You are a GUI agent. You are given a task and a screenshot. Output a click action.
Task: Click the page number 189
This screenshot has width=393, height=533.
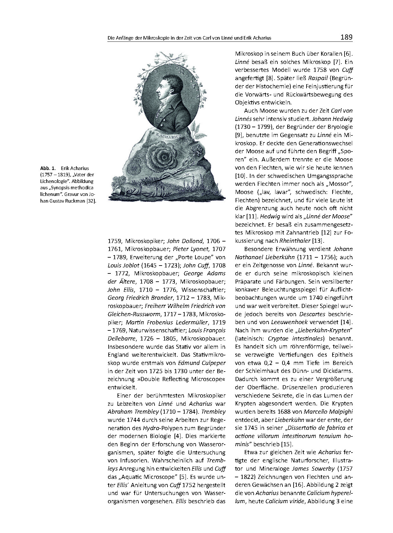pos(346,37)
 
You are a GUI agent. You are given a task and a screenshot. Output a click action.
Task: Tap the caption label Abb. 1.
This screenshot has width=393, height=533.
pos(46,168)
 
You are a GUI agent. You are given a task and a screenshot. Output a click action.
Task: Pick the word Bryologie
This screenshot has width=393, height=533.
pos(338,127)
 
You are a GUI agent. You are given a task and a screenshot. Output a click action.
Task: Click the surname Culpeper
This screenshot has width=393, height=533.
pos(212,363)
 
